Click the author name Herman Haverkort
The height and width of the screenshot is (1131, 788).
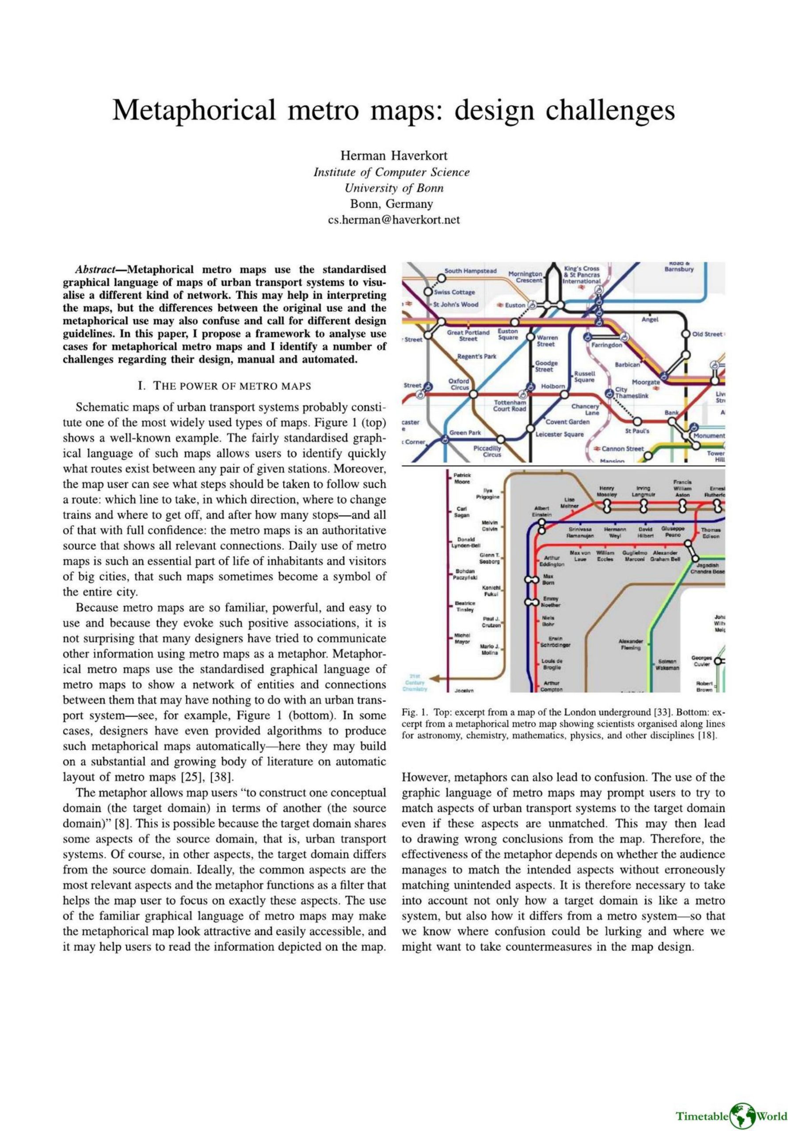click(394, 156)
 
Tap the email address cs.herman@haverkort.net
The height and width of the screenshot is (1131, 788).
click(394, 220)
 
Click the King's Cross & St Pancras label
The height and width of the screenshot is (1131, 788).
click(582, 274)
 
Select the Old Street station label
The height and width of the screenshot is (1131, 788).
click(707, 334)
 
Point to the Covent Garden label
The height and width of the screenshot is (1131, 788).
click(567, 421)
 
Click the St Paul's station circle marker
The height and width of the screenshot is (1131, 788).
click(637, 421)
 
